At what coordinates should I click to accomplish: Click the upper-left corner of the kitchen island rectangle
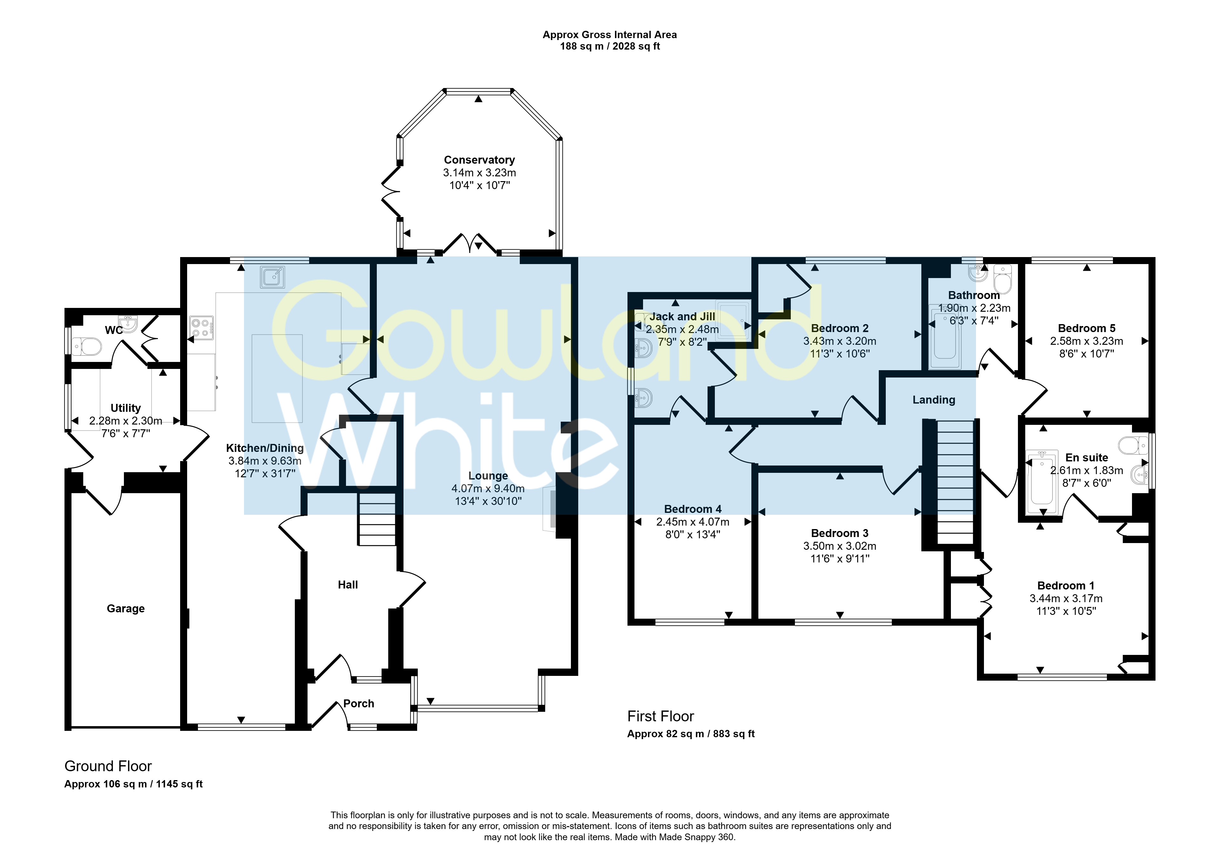[252, 335]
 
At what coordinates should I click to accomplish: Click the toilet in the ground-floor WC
[87, 347]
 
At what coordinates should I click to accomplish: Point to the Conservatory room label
[479, 160]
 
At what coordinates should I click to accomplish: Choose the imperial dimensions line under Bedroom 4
[693, 534]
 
